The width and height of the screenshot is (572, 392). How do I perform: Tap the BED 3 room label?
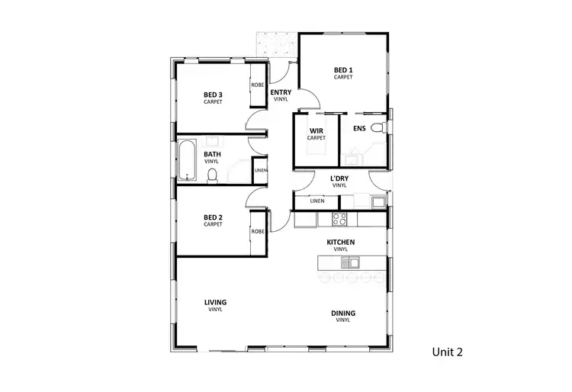point(213,95)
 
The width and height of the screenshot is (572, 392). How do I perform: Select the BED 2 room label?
point(213,219)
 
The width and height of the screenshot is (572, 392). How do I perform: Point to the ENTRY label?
point(281,92)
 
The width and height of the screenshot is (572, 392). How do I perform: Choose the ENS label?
point(359,128)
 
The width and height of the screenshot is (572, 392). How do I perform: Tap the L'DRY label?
point(339,179)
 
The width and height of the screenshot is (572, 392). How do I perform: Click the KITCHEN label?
point(341,243)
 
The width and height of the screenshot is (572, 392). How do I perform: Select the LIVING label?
point(215,302)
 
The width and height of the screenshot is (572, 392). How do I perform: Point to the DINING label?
point(343,313)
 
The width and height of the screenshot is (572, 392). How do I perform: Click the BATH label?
point(212,154)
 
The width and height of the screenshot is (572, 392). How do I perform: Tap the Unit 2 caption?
point(448,352)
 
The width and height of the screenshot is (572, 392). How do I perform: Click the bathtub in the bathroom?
point(188,159)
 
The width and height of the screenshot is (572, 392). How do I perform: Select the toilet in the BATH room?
point(213,176)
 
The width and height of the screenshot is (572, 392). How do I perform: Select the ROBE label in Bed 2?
point(258,231)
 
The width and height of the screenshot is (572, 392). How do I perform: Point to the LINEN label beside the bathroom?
point(260,170)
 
